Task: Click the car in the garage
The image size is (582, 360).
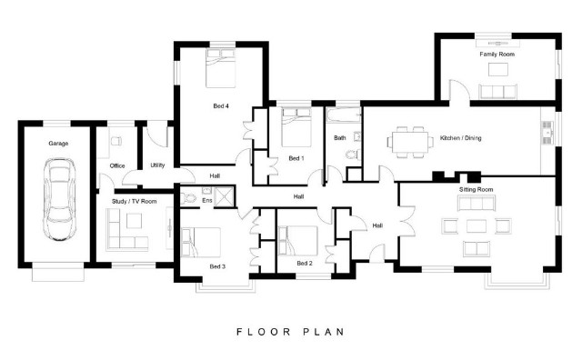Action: click(59, 200)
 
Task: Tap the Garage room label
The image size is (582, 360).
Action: click(58, 144)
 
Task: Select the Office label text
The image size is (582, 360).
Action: click(117, 165)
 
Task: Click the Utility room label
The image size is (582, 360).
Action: click(157, 165)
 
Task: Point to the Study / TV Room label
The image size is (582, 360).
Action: click(135, 201)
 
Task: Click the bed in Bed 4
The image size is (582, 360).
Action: click(221, 68)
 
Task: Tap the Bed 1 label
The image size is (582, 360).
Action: click(296, 158)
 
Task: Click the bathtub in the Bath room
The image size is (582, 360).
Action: click(344, 115)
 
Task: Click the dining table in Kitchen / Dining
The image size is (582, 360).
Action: click(410, 142)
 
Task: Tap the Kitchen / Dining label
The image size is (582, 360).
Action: click(461, 138)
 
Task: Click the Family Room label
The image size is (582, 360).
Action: click(497, 55)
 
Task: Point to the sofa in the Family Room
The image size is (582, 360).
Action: click(497, 91)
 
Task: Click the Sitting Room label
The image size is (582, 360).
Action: click(477, 189)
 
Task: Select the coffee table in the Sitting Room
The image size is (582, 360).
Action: click(477, 226)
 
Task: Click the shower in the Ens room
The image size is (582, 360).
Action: click(225, 196)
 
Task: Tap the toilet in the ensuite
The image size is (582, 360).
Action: click(188, 198)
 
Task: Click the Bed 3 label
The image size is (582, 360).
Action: click(217, 266)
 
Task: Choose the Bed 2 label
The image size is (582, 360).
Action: click(305, 263)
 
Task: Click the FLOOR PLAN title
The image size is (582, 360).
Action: click(291, 332)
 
